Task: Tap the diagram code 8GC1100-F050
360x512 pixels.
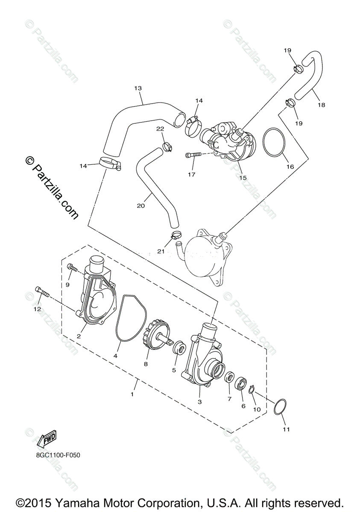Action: (58, 455)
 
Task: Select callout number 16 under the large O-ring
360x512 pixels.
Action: (290, 166)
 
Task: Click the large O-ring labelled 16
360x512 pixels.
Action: (273, 143)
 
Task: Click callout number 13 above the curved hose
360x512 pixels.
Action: (138, 88)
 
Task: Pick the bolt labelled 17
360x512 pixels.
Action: (193, 155)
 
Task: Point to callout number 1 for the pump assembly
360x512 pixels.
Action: (132, 394)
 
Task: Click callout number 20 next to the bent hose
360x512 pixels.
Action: (141, 206)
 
